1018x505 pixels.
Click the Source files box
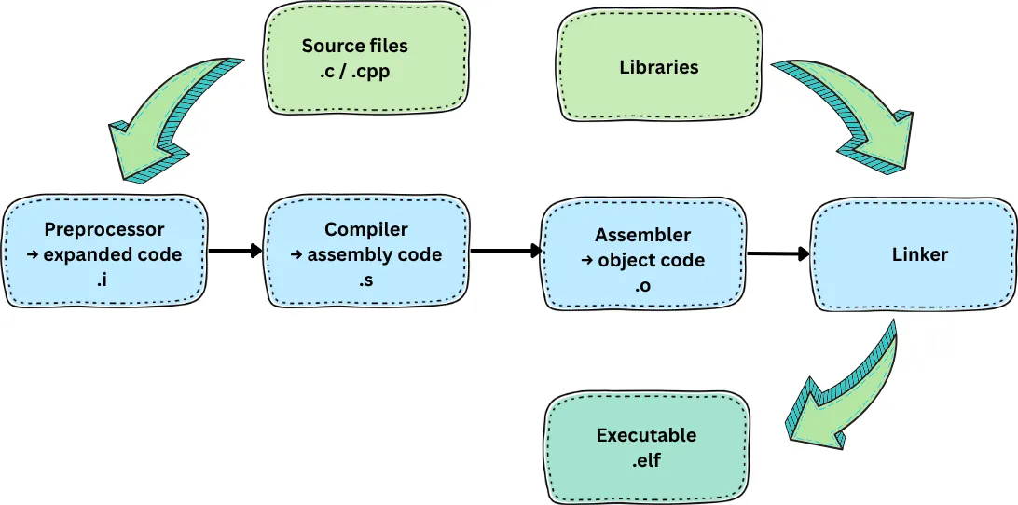(x=355, y=58)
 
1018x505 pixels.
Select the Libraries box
(x=658, y=66)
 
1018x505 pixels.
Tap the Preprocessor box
(x=104, y=252)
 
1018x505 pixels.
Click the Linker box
(x=913, y=254)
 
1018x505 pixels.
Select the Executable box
(x=647, y=446)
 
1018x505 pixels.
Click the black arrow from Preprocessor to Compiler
(x=236, y=251)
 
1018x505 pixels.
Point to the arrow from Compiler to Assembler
(x=506, y=251)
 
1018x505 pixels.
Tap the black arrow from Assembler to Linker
(x=778, y=252)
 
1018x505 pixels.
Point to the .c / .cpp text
(x=355, y=70)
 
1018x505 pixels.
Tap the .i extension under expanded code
(x=104, y=279)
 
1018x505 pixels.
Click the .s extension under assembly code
(x=365, y=279)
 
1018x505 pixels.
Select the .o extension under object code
(x=642, y=286)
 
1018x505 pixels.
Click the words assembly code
(x=375, y=254)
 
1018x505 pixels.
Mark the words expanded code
(x=114, y=254)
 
